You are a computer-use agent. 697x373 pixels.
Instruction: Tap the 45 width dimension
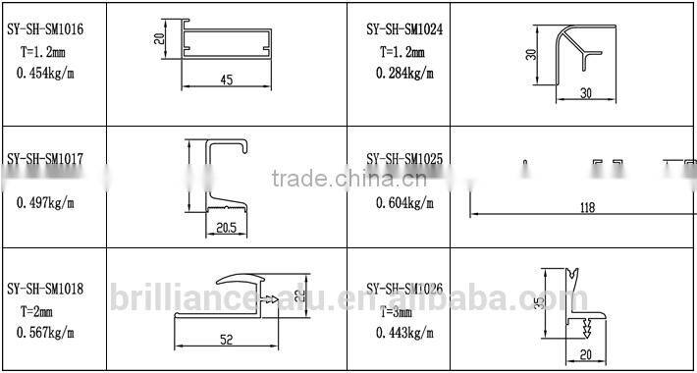[227, 80]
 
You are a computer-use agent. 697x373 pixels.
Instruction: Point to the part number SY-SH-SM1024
[403, 30]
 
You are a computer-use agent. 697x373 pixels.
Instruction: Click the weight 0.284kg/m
[403, 72]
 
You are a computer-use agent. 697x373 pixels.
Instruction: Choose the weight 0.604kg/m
[403, 202]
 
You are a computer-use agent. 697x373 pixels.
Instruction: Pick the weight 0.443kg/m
[403, 333]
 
